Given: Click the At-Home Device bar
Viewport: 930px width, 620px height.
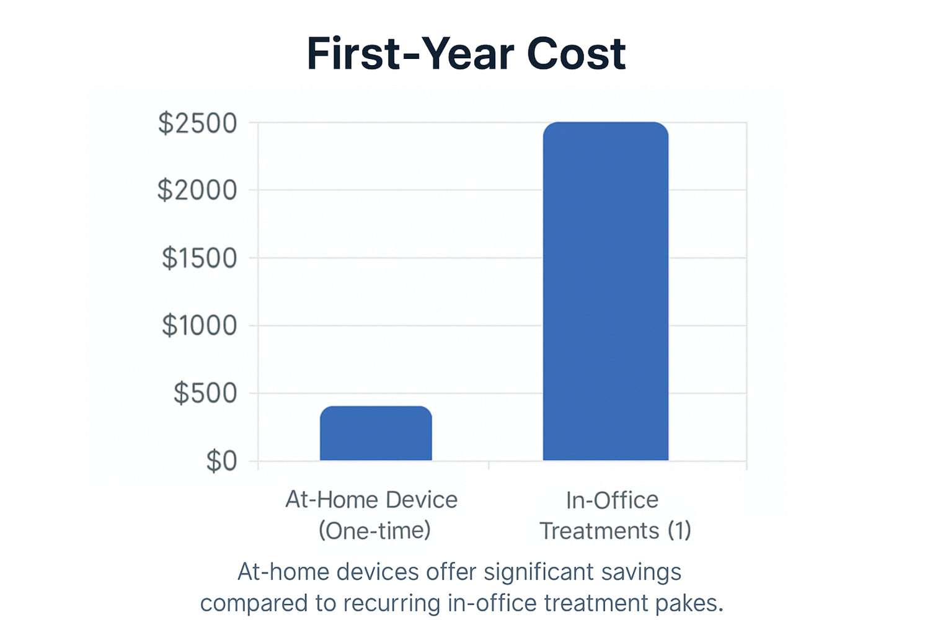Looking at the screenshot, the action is click(376, 433).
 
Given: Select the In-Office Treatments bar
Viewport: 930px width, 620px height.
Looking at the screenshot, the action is click(606, 291).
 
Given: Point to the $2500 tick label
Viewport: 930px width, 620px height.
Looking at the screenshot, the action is click(198, 123).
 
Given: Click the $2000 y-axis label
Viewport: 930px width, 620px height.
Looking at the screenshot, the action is click(197, 190).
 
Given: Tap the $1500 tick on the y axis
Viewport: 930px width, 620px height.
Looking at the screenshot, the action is click(199, 258).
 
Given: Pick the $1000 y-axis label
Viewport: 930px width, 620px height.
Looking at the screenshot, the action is click(199, 325).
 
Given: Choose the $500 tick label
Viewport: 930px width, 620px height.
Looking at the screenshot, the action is click(205, 393).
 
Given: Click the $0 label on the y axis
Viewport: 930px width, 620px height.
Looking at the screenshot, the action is click(222, 461).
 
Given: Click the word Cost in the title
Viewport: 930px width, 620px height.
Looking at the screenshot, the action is click(576, 54).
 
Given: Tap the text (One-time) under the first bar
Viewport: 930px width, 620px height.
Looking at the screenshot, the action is click(374, 530).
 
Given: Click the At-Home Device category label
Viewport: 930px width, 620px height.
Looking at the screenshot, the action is click(371, 500).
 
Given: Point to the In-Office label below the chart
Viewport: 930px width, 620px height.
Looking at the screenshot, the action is click(613, 500).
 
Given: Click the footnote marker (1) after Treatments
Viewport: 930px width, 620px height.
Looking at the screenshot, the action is click(680, 530).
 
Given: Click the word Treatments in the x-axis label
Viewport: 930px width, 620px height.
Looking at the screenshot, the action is click(600, 531).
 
